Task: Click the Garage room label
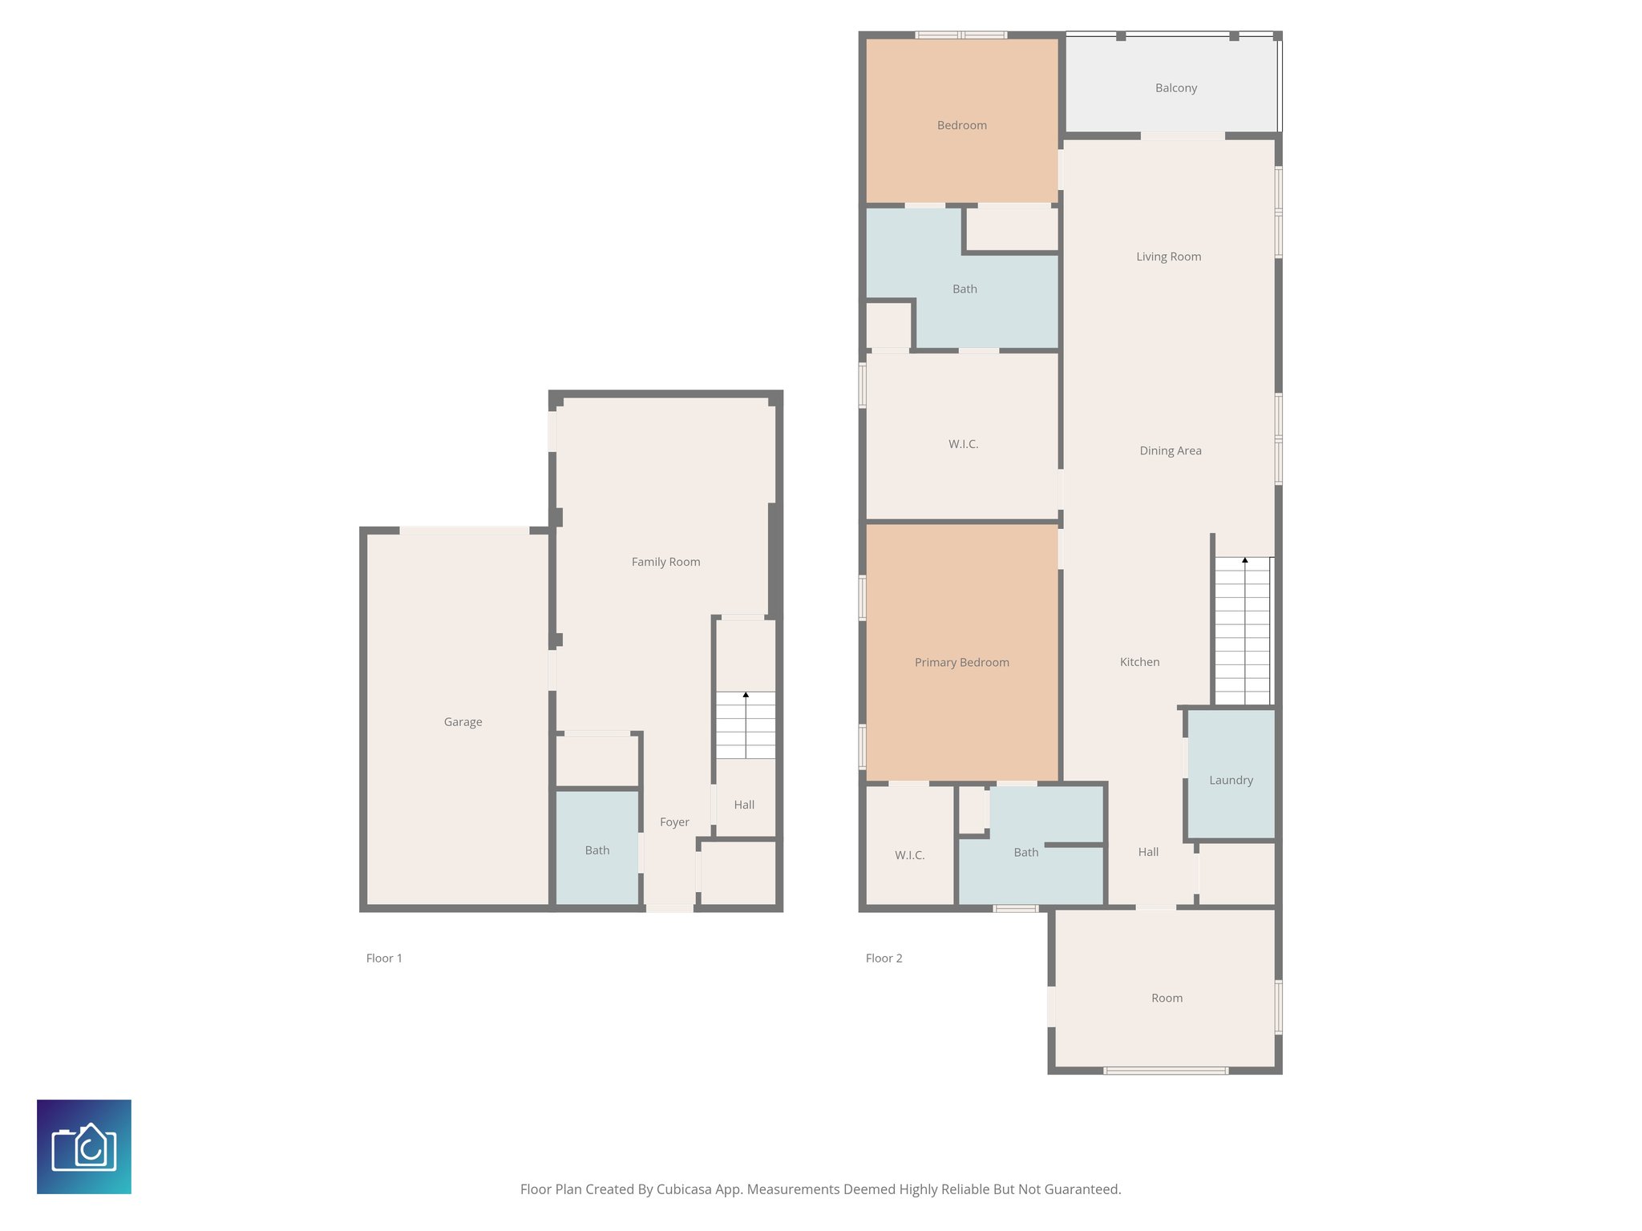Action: pyautogui.click(x=463, y=721)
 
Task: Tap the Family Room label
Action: pyautogui.click(x=665, y=562)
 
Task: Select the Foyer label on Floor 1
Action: pyautogui.click(x=674, y=821)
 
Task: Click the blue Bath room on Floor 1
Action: pyautogui.click(x=597, y=850)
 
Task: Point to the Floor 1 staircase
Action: pyautogui.click(x=746, y=725)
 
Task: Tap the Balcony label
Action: pyautogui.click(x=1175, y=88)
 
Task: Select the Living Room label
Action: pyautogui.click(x=1168, y=256)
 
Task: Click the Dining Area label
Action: pyautogui.click(x=1170, y=450)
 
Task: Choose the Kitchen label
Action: pyautogui.click(x=1139, y=662)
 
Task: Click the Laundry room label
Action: pyautogui.click(x=1231, y=780)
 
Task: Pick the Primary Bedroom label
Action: pyautogui.click(x=961, y=662)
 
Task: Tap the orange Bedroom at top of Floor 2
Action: pyautogui.click(x=961, y=125)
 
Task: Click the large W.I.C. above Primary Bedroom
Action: pyautogui.click(x=963, y=444)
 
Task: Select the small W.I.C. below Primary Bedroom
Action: pyautogui.click(x=909, y=855)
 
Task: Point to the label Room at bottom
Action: pyautogui.click(x=1167, y=998)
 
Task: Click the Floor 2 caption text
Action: pyautogui.click(x=884, y=958)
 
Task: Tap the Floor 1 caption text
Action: pyautogui.click(x=384, y=958)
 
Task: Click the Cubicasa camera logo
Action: pyautogui.click(x=84, y=1146)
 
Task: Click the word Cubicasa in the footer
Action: pyautogui.click(x=685, y=1189)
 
